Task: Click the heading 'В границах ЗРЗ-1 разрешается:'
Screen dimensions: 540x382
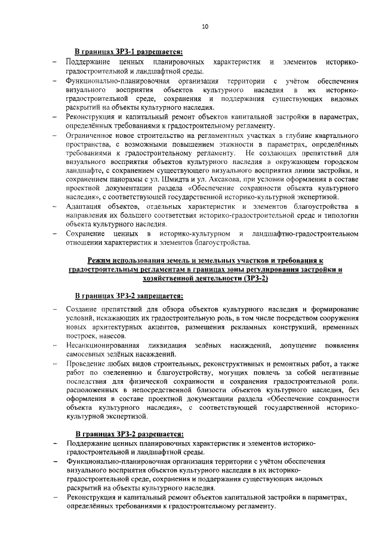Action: pyautogui.click(x=128, y=52)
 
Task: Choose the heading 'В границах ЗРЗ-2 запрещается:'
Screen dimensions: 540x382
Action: pyautogui.click(x=128, y=296)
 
